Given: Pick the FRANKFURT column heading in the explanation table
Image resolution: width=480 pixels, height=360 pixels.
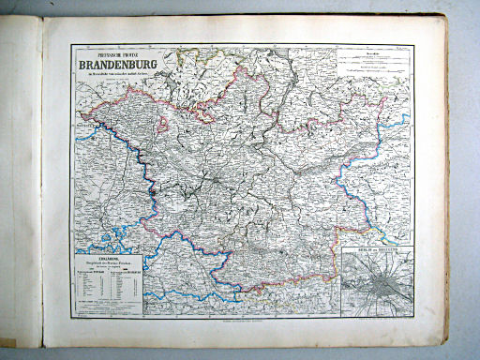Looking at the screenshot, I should tap(124, 270).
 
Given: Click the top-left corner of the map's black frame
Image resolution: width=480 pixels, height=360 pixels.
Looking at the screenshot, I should tap(69, 44).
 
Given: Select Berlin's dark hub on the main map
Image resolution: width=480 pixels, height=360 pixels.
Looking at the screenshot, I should tap(217, 175).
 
